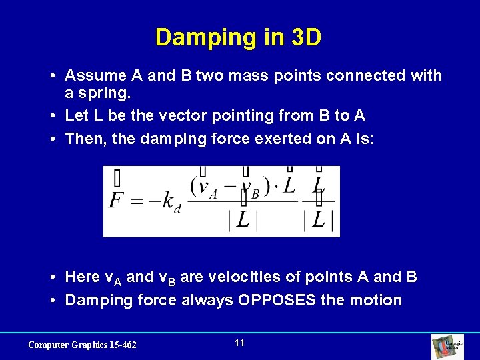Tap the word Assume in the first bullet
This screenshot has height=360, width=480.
[101, 75]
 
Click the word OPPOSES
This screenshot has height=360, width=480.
[271, 300]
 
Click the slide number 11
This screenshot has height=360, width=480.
[240, 343]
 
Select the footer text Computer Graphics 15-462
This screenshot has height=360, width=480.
[82, 345]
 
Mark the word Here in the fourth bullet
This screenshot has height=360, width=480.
[83, 277]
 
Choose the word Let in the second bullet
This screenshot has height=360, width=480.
[76, 116]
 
